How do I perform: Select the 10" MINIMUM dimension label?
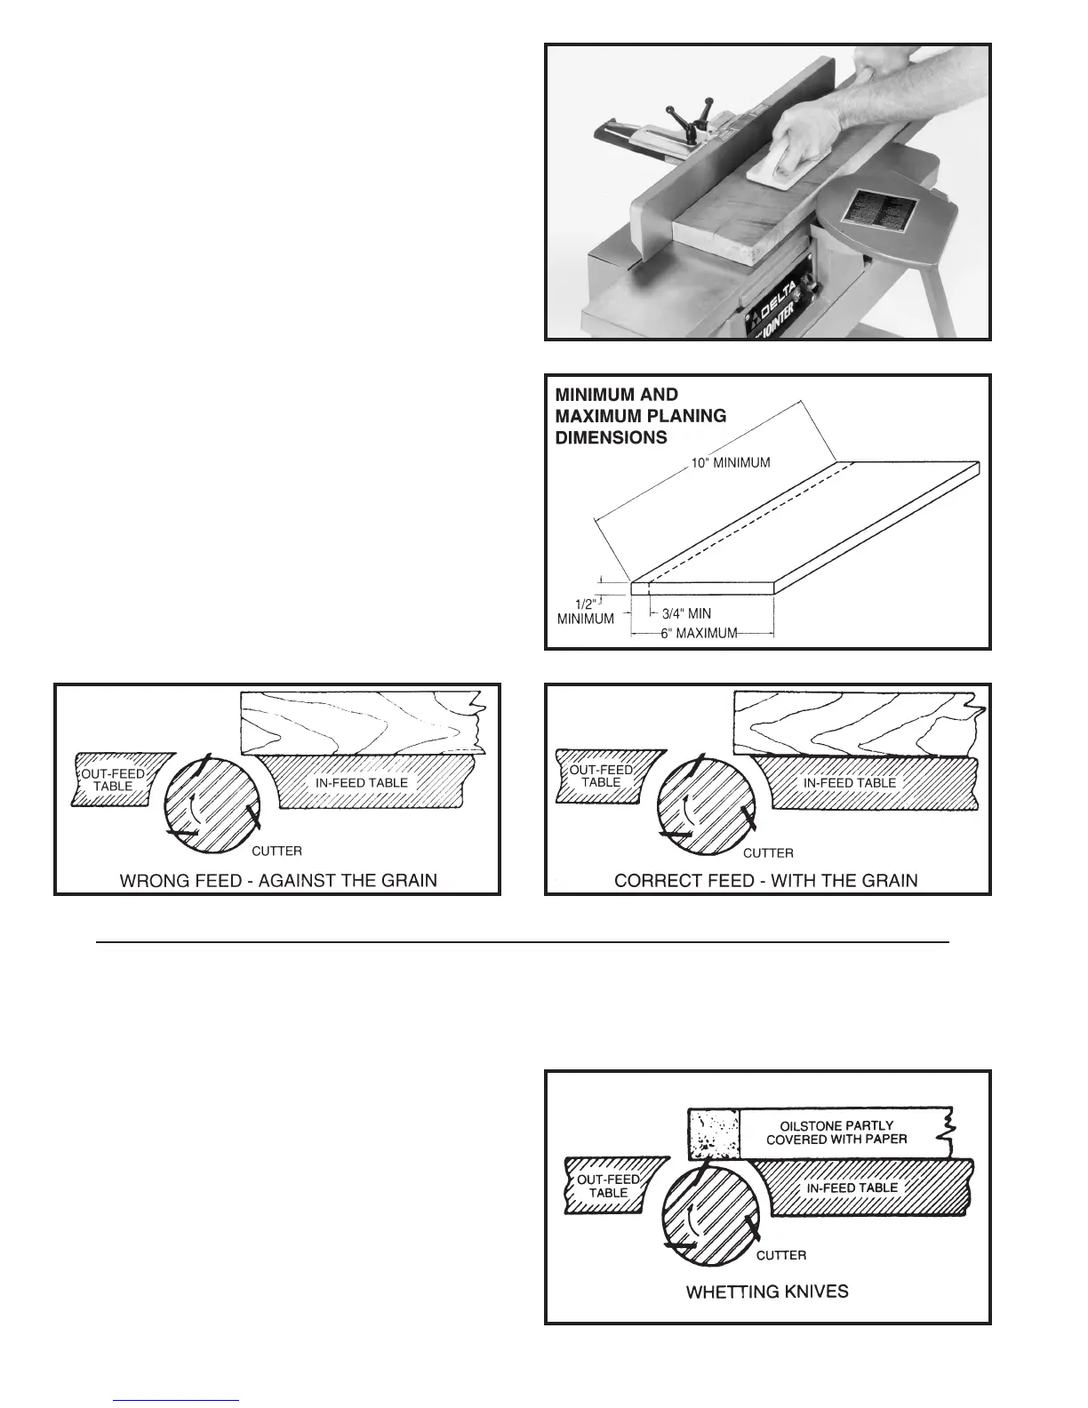click(x=730, y=463)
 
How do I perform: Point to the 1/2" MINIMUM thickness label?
click(x=585, y=612)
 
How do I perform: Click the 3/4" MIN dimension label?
click(x=686, y=613)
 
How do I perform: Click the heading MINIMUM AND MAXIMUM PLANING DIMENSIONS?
click(x=640, y=416)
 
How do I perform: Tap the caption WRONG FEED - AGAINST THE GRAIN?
click(x=278, y=881)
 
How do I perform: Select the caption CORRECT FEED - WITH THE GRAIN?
click(x=766, y=881)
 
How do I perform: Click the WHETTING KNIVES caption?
click(x=767, y=1292)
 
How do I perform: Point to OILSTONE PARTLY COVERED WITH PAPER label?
click(x=836, y=1132)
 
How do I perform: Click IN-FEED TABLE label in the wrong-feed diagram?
click(x=362, y=783)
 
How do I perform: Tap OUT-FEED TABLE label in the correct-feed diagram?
click(x=601, y=776)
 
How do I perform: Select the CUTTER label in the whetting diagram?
click(x=781, y=1255)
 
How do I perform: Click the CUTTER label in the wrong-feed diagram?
click(x=277, y=851)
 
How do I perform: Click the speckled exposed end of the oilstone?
click(x=714, y=1133)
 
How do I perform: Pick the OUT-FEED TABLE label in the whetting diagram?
click(x=608, y=1186)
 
